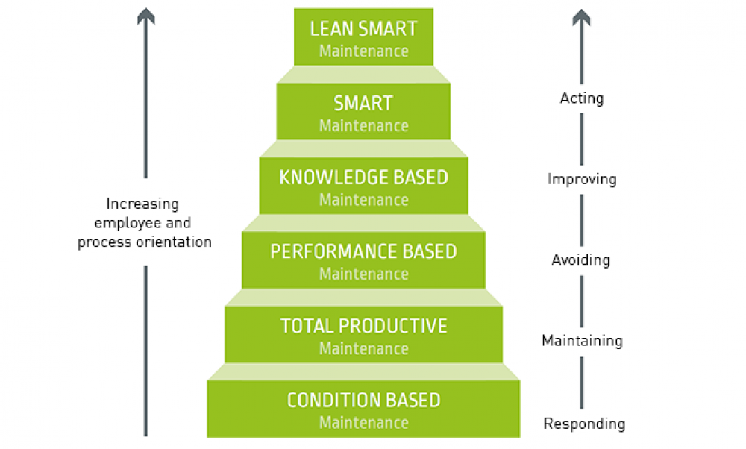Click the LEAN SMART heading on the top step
pyautogui.click(x=363, y=29)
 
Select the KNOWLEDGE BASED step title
pyautogui.click(x=363, y=178)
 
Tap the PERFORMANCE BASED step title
pyautogui.click(x=363, y=251)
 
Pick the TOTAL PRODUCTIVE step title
pyautogui.click(x=363, y=326)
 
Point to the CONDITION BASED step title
pyautogui.click(x=363, y=401)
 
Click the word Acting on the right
pyautogui.click(x=582, y=98)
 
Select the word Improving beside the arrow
pyautogui.click(x=582, y=179)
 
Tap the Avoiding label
pyautogui.click(x=581, y=260)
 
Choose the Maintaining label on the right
pyautogui.click(x=582, y=341)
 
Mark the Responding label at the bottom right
pyautogui.click(x=584, y=424)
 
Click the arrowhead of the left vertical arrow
pyautogui.click(x=145, y=16)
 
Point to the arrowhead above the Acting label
pyautogui.click(x=582, y=16)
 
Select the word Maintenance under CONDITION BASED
pyautogui.click(x=363, y=423)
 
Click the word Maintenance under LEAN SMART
pyautogui.click(x=363, y=51)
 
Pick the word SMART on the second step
pyautogui.click(x=363, y=103)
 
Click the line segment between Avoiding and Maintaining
pyautogui.click(x=582, y=301)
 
